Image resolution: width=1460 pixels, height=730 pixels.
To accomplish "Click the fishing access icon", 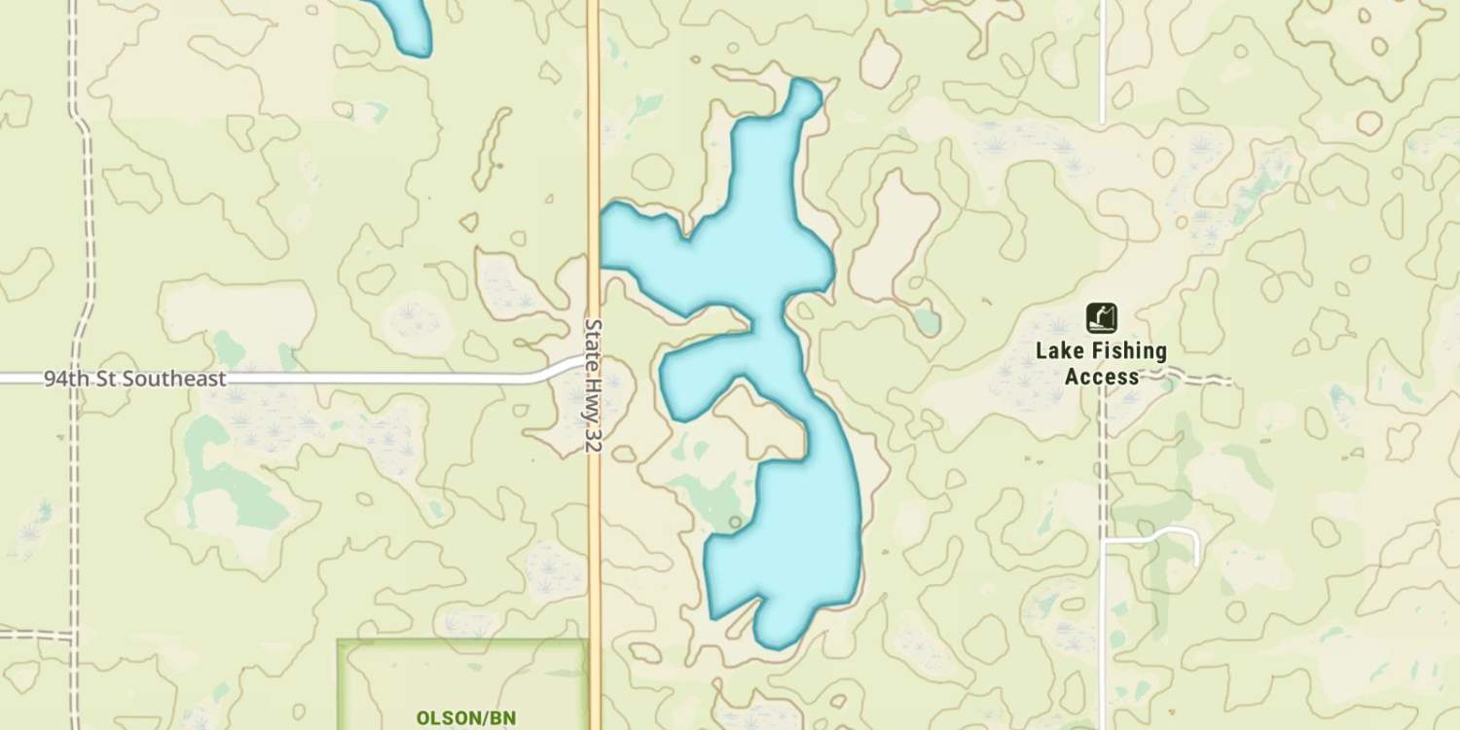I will click(1101, 317).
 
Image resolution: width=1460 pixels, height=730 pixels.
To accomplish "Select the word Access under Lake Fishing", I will click(1101, 377).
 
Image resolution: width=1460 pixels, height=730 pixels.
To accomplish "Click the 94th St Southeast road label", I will click(134, 379).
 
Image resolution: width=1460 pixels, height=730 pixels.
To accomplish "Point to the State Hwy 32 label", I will click(594, 384).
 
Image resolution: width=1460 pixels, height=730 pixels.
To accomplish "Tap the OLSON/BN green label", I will click(465, 718).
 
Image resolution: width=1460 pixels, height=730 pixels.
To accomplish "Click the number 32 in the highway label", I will click(594, 439).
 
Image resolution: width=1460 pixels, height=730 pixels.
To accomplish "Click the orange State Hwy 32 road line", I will click(594, 146).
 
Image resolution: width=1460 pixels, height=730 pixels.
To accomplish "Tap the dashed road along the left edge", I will click(74, 487).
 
